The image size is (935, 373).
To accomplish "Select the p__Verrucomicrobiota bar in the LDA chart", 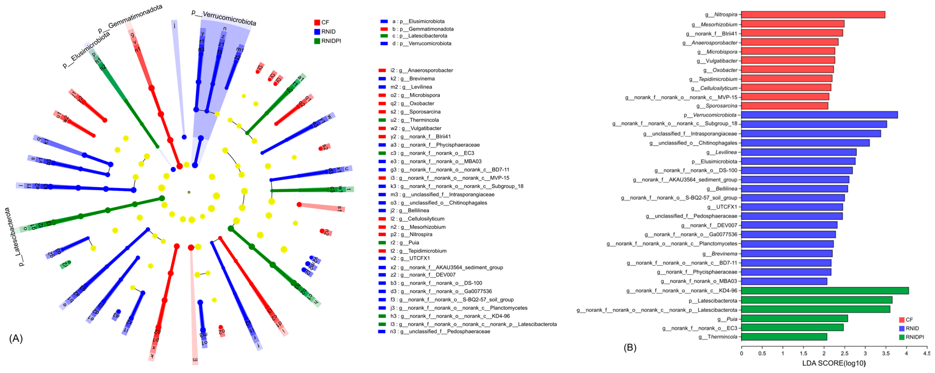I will (x=819, y=115).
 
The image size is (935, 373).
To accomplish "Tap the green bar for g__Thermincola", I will (x=784, y=337).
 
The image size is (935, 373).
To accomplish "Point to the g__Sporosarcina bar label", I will (x=717, y=106).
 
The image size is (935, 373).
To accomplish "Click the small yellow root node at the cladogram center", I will (x=189, y=192).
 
